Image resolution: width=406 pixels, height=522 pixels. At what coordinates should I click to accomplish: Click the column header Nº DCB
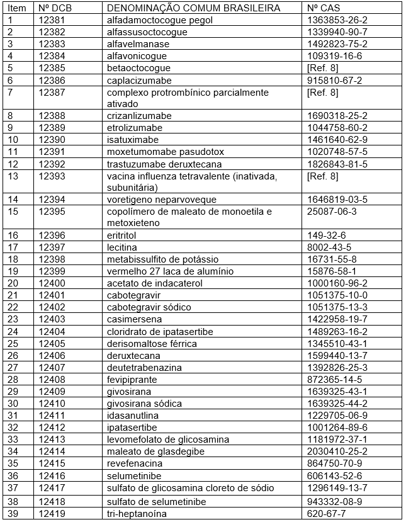coord(53,8)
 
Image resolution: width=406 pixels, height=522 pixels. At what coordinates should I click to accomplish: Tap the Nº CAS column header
coord(324,8)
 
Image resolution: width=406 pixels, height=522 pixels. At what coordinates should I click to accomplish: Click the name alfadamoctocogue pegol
coord(160,20)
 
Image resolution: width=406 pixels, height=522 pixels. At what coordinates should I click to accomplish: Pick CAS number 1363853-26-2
coord(337,20)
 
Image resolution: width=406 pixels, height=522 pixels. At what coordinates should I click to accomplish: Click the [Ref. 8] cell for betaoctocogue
coord(323,68)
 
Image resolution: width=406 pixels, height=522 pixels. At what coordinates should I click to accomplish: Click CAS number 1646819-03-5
coord(337,200)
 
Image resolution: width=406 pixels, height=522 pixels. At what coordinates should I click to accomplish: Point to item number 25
coord(13,343)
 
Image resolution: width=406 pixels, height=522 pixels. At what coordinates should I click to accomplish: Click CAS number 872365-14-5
coord(335,379)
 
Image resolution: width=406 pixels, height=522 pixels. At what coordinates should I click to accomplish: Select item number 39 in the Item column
coord(13,514)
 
